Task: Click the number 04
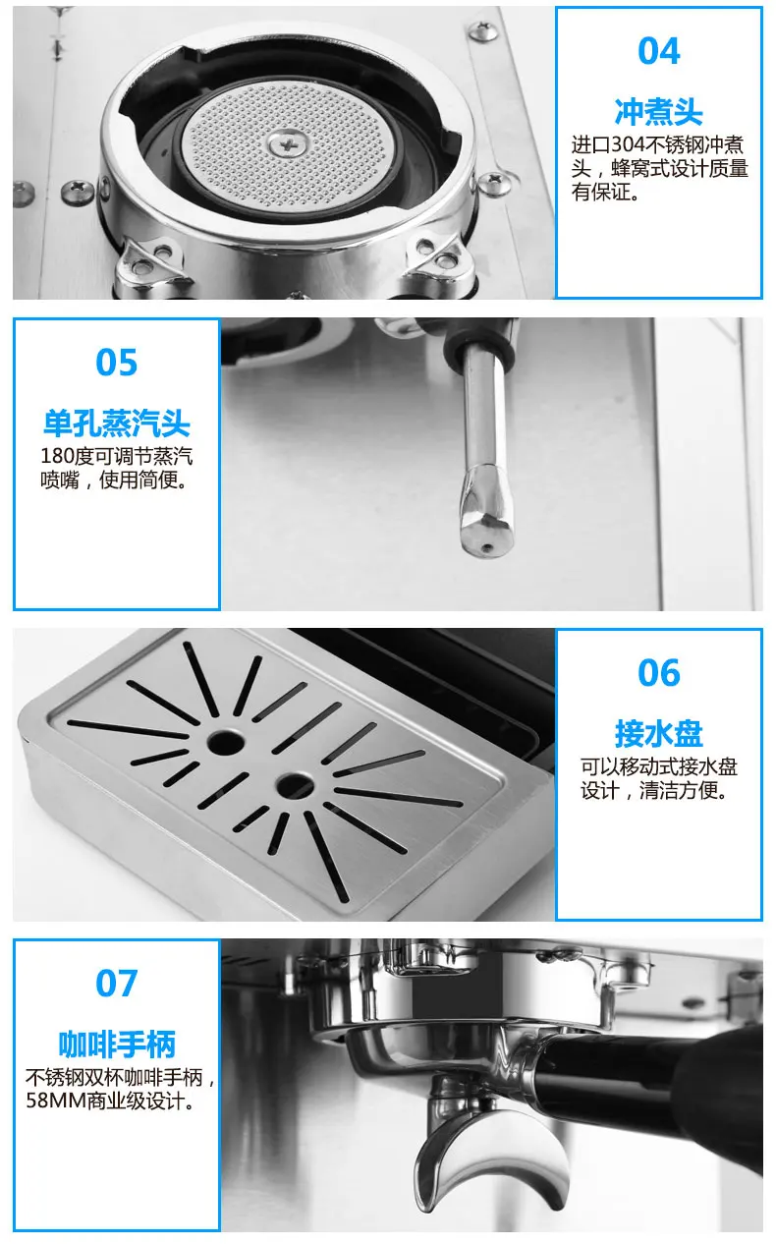click(659, 51)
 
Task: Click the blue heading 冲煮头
click(659, 112)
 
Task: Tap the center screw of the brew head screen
click(289, 145)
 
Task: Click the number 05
click(117, 363)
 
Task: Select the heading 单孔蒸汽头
click(117, 424)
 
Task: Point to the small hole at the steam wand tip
click(487, 547)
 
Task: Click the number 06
click(659, 673)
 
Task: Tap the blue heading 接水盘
click(659, 734)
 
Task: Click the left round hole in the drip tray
click(225, 742)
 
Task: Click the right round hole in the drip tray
click(295, 783)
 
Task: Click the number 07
click(117, 984)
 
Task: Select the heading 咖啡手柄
click(117, 1045)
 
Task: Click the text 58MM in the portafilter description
click(56, 1101)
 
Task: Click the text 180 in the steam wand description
click(57, 456)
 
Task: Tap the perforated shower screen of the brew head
click(289, 145)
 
